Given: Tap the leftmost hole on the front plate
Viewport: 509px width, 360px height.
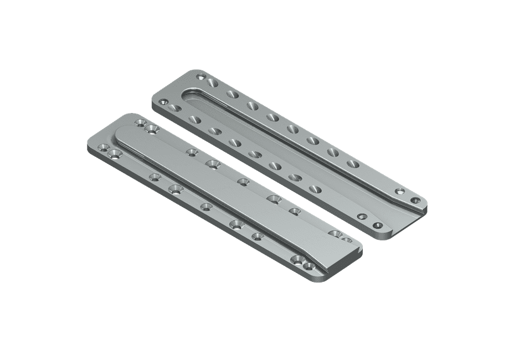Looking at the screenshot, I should pyautogui.click(x=102, y=147).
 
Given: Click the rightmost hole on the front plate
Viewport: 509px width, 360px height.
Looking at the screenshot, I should pyautogui.click(x=347, y=240).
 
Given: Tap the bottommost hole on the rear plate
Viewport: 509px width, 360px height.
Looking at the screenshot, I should pyautogui.click(x=378, y=225).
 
